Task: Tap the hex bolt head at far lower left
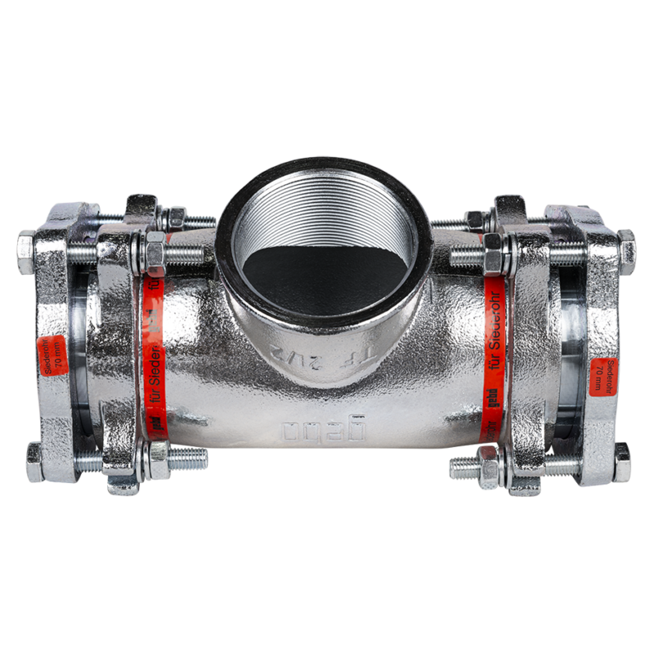34,462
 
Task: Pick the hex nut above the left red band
153,245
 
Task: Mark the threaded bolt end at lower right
462,468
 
